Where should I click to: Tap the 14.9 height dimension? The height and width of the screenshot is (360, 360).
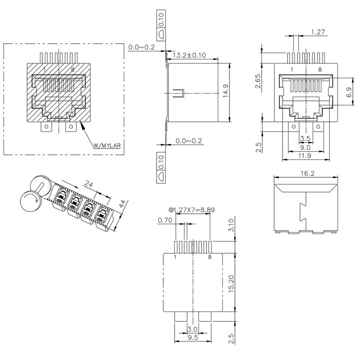(225, 91)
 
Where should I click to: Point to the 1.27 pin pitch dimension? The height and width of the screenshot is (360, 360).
(319, 32)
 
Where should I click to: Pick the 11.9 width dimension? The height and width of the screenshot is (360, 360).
(305, 156)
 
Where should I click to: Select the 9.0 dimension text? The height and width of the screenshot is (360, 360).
(305, 147)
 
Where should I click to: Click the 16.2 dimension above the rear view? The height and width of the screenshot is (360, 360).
(306, 172)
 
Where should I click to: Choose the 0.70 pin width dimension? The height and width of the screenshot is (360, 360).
(165, 220)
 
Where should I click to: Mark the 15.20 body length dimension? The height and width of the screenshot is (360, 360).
(231, 283)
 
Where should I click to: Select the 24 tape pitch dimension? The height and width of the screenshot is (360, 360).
(89, 184)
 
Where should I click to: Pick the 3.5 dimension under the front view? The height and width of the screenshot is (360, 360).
(305, 138)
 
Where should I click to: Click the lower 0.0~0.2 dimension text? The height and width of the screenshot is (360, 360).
(189, 141)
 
